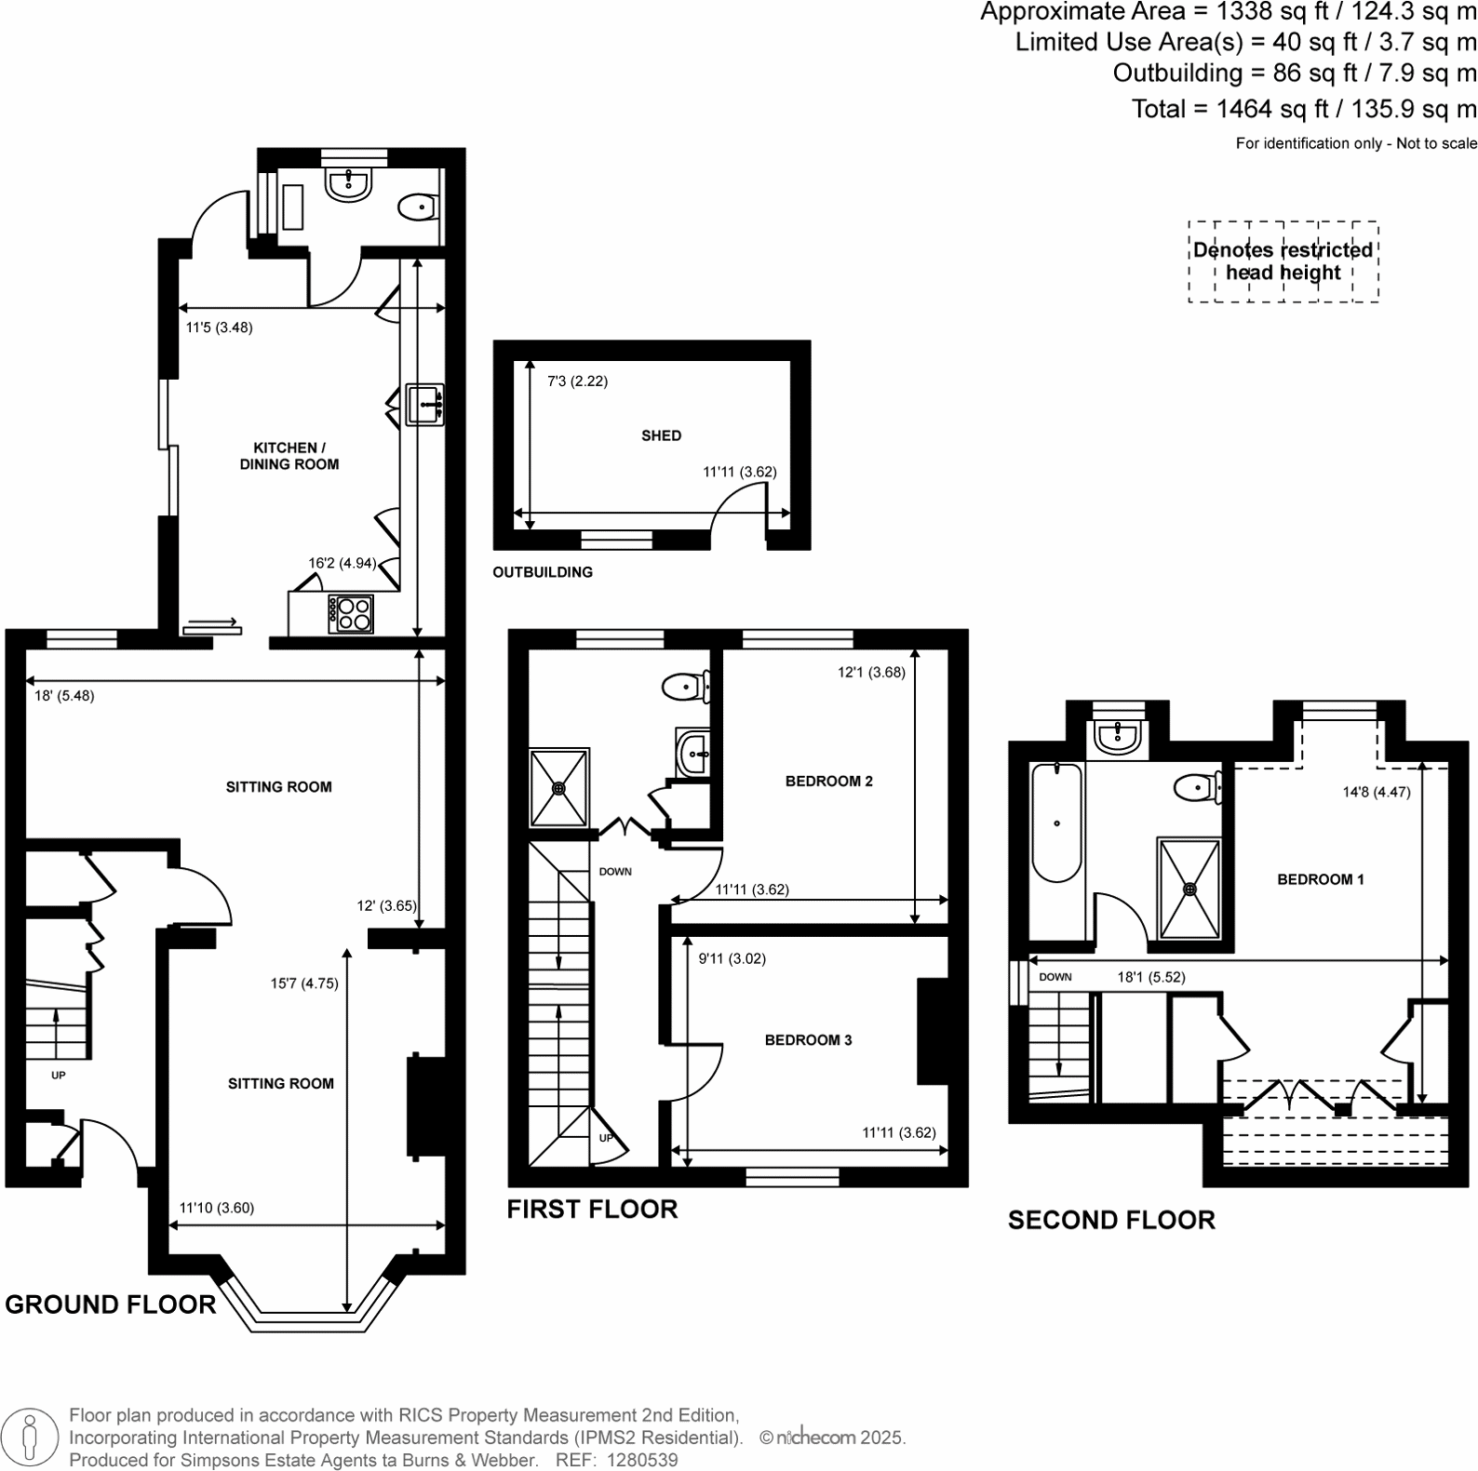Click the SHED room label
pyautogui.click(x=661, y=435)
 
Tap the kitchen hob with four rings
pyautogui.click(x=351, y=613)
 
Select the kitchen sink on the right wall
pyautogui.click(x=425, y=406)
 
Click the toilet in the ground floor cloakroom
pyautogui.click(x=418, y=207)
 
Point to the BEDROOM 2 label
pyautogui.click(x=828, y=782)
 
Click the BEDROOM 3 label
pyautogui.click(x=808, y=1040)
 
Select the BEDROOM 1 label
pyautogui.click(x=1320, y=879)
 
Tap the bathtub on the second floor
pyautogui.click(x=1056, y=822)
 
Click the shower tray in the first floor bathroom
pyautogui.click(x=559, y=787)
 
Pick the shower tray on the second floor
pyautogui.click(x=1189, y=889)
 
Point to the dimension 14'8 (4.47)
pyautogui.click(x=1377, y=793)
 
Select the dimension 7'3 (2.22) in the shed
pyautogui.click(x=577, y=381)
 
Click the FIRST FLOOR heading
pyautogui.click(x=592, y=1210)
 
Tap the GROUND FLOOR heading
pyautogui.click(x=111, y=1304)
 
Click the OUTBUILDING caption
pyautogui.click(x=543, y=572)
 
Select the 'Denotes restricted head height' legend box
pyautogui.click(x=1283, y=261)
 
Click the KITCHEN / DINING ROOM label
pyautogui.click(x=289, y=456)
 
